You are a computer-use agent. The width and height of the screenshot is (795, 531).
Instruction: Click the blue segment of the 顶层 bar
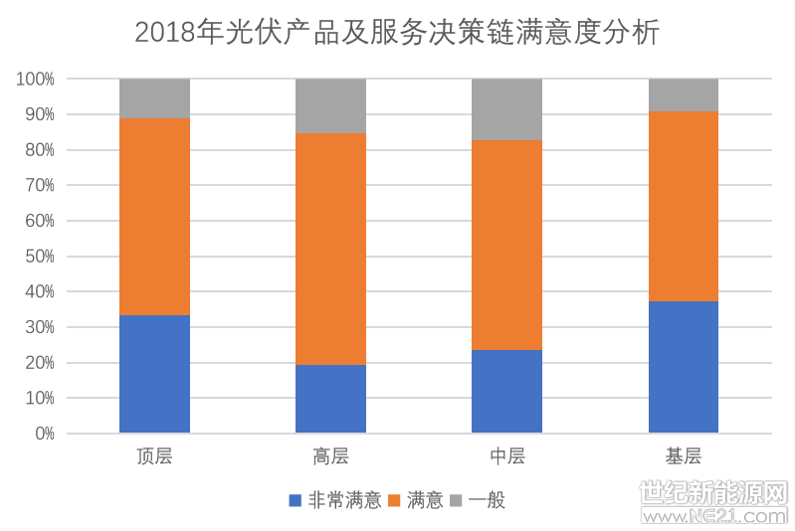click(154, 374)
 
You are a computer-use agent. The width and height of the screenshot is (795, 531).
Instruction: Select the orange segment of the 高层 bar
click(330, 249)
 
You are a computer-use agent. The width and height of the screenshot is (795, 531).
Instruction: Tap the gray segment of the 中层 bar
click(506, 109)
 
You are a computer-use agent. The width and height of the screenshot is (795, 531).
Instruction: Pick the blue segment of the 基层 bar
click(683, 367)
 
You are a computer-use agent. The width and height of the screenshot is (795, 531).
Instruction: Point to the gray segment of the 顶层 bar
click(154, 98)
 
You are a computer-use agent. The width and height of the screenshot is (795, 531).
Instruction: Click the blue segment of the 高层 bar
click(330, 399)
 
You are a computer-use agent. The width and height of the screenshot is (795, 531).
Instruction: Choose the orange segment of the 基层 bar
click(683, 206)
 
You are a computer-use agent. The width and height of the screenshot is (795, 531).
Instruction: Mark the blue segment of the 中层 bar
click(506, 391)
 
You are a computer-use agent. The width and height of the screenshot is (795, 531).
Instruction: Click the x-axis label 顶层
click(154, 457)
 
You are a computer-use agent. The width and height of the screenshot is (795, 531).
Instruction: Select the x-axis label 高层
click(330, 457)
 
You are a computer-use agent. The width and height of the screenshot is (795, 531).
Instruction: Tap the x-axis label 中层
click(506, 457)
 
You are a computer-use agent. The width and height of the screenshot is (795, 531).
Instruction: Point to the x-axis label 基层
click(683, 457)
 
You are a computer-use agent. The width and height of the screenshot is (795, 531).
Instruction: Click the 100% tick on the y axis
click(35, 80)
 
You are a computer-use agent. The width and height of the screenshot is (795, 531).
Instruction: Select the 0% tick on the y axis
click(44, 434)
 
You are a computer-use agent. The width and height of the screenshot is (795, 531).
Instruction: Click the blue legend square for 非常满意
click(295, 500)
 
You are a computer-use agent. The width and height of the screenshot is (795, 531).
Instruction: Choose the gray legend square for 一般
click(457, 500)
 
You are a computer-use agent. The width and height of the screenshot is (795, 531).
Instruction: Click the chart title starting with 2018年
click(397, 33)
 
